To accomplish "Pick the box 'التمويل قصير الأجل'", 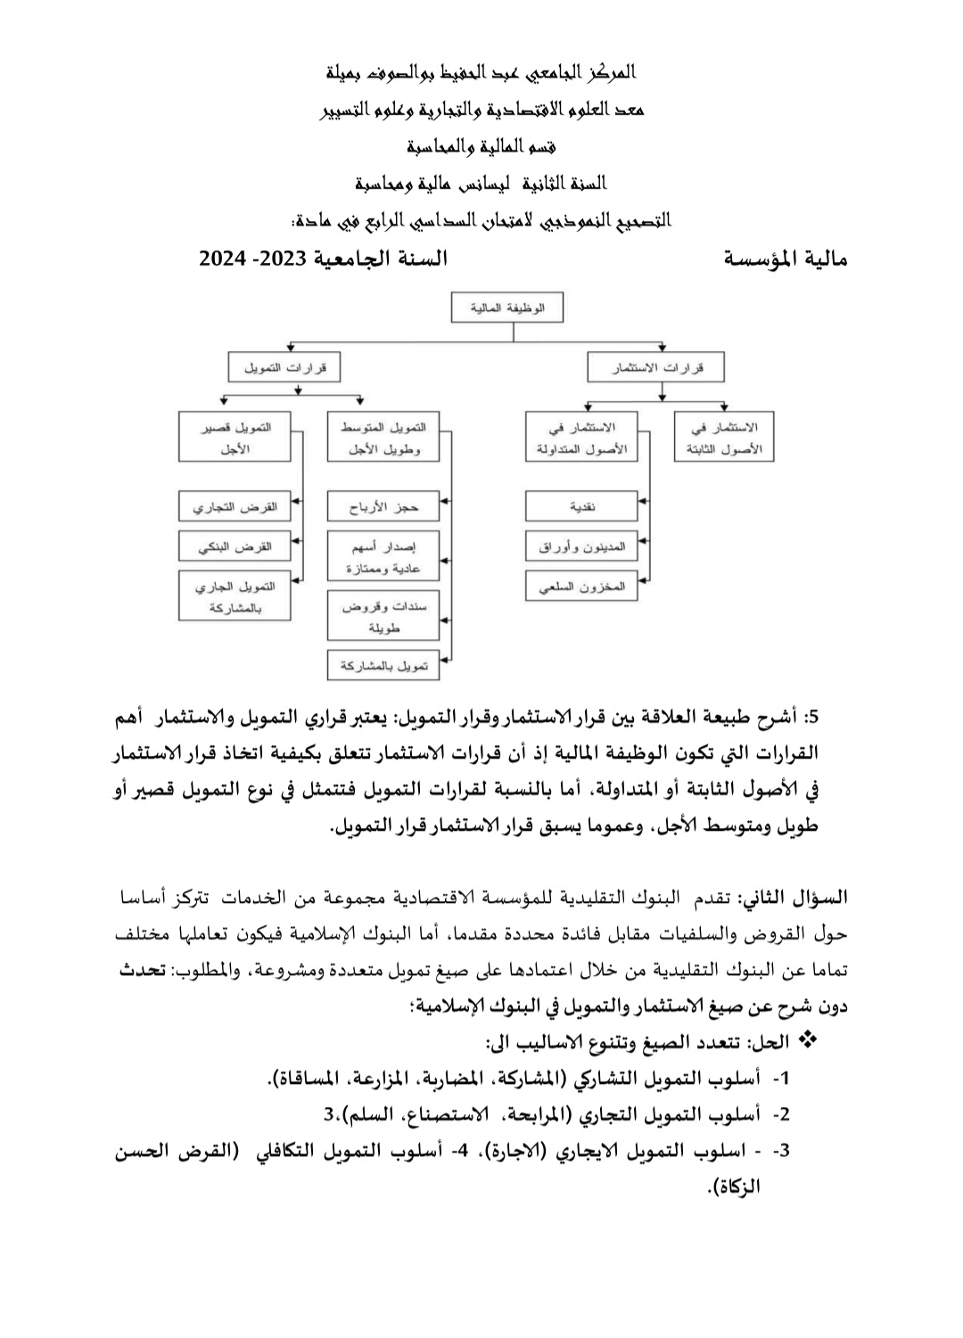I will point(235,437).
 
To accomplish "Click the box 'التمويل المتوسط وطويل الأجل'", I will point(383,437).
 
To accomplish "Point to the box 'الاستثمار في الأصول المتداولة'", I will point(581,437).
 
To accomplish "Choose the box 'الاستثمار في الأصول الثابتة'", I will point(723,437).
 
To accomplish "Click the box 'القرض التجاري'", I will point(235,506).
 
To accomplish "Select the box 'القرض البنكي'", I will point(235,546).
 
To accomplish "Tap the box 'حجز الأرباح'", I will point(383,506).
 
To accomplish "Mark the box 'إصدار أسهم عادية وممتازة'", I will point(383,556).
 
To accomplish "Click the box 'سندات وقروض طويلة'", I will point(383,616).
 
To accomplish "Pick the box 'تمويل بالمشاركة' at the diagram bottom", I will point(383,665).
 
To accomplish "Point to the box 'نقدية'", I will point(581,506).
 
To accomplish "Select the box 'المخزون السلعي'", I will point(581,586).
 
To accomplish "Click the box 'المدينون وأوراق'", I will point(581,546).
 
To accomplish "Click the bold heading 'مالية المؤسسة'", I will point(785,259).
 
